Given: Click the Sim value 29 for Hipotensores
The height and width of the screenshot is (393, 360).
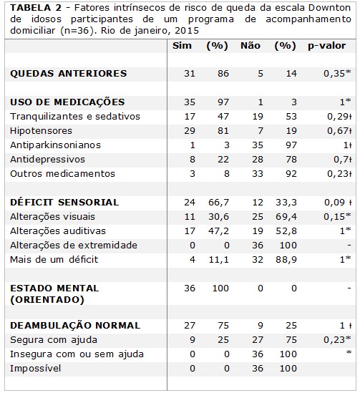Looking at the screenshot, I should coord(190,130).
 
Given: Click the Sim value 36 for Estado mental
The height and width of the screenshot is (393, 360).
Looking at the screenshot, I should coord(190,288).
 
